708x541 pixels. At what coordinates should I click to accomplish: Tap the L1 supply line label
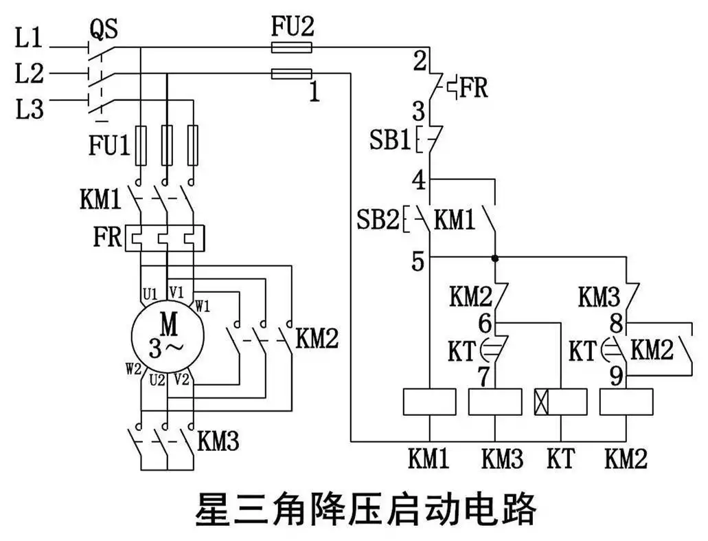pyautogui.click(x=29, y=38)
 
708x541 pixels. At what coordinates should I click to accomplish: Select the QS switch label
pyautogui.click(x=104, y=29)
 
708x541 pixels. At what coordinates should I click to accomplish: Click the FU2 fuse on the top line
pyautogui.click(x=292, y=47)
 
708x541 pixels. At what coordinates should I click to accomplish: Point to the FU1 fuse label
pyautogui.click(x=109, y=146)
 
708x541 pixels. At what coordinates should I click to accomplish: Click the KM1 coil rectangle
pyautogui.click(x=429, y=401)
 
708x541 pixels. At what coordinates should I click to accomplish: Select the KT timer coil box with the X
pyautogui.click(x=561, y=401)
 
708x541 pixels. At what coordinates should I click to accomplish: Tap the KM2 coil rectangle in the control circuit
pyautogui.click(x=626, y=401)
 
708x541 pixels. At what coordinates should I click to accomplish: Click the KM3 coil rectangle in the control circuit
pyautogui.click(x=495, y=401)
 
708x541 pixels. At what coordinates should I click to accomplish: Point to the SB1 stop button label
pyautogui.click(x=389, y=140)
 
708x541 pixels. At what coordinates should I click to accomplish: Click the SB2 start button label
pyautogui.click(x=378, y=219)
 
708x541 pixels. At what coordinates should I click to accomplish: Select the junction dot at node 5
pyautogui.click(x=495, y=258)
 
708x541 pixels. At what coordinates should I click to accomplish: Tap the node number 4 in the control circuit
pyautogui.click(x=419, y=180)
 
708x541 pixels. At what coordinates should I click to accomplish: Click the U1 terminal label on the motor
pyautogui.click(x=150, y=294)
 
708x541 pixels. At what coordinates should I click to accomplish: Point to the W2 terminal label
pyautogui.click(x=134, y=369)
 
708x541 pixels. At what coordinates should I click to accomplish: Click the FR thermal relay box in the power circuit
pyautogui.click(x=164, y=238)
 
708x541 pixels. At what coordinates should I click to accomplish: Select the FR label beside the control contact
pyautogui.click(x=474, y=88)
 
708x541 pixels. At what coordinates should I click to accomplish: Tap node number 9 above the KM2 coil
pyautogui.click(x=617, y=376)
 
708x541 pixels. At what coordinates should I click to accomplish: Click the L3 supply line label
pyautogui.click(x=30, y=109)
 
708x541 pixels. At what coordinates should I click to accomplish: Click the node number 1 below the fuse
pyautogui.click(x=315, y=91)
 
